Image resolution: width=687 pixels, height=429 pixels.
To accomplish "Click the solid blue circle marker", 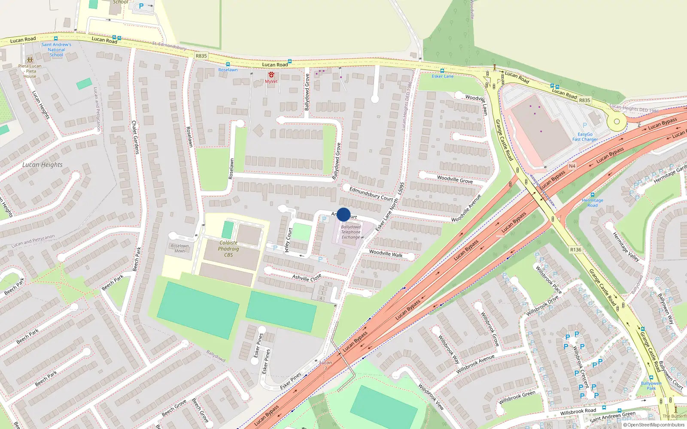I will coord(343,214).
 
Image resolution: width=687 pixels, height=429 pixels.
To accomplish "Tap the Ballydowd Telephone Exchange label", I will coord(351,232).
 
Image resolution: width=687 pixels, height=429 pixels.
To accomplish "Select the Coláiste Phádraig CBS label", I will coord(228,249).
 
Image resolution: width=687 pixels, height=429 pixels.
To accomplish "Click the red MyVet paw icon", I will coord(271,75).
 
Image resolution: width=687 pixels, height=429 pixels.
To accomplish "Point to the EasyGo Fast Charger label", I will coord(585,137).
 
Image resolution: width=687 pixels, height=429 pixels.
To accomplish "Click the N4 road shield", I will coord(572,166).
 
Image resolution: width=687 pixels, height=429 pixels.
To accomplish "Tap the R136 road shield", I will coord(576,250).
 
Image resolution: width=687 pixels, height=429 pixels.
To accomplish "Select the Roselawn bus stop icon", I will coord(228,64).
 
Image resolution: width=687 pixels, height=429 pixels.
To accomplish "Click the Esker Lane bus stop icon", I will coord(442,71).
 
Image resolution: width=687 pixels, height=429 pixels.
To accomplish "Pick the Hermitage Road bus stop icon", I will coord(593,195).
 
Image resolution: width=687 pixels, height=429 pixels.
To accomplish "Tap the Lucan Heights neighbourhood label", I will coord(43,165).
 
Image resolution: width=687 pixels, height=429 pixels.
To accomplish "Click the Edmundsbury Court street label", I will coord(371,193).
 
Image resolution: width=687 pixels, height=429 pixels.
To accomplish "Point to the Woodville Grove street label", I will coord(455,179).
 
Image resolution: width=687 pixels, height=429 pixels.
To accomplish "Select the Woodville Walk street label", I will coord(386,254).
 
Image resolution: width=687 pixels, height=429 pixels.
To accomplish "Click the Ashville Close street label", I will coord(307,278).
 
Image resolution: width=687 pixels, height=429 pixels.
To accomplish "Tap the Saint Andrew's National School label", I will coord(56,49).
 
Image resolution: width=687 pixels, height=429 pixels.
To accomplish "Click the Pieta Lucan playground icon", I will coord(30,60).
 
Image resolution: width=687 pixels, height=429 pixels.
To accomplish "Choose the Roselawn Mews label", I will coord(179,248).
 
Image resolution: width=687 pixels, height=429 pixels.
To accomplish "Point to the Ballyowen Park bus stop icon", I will coord(651,378).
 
